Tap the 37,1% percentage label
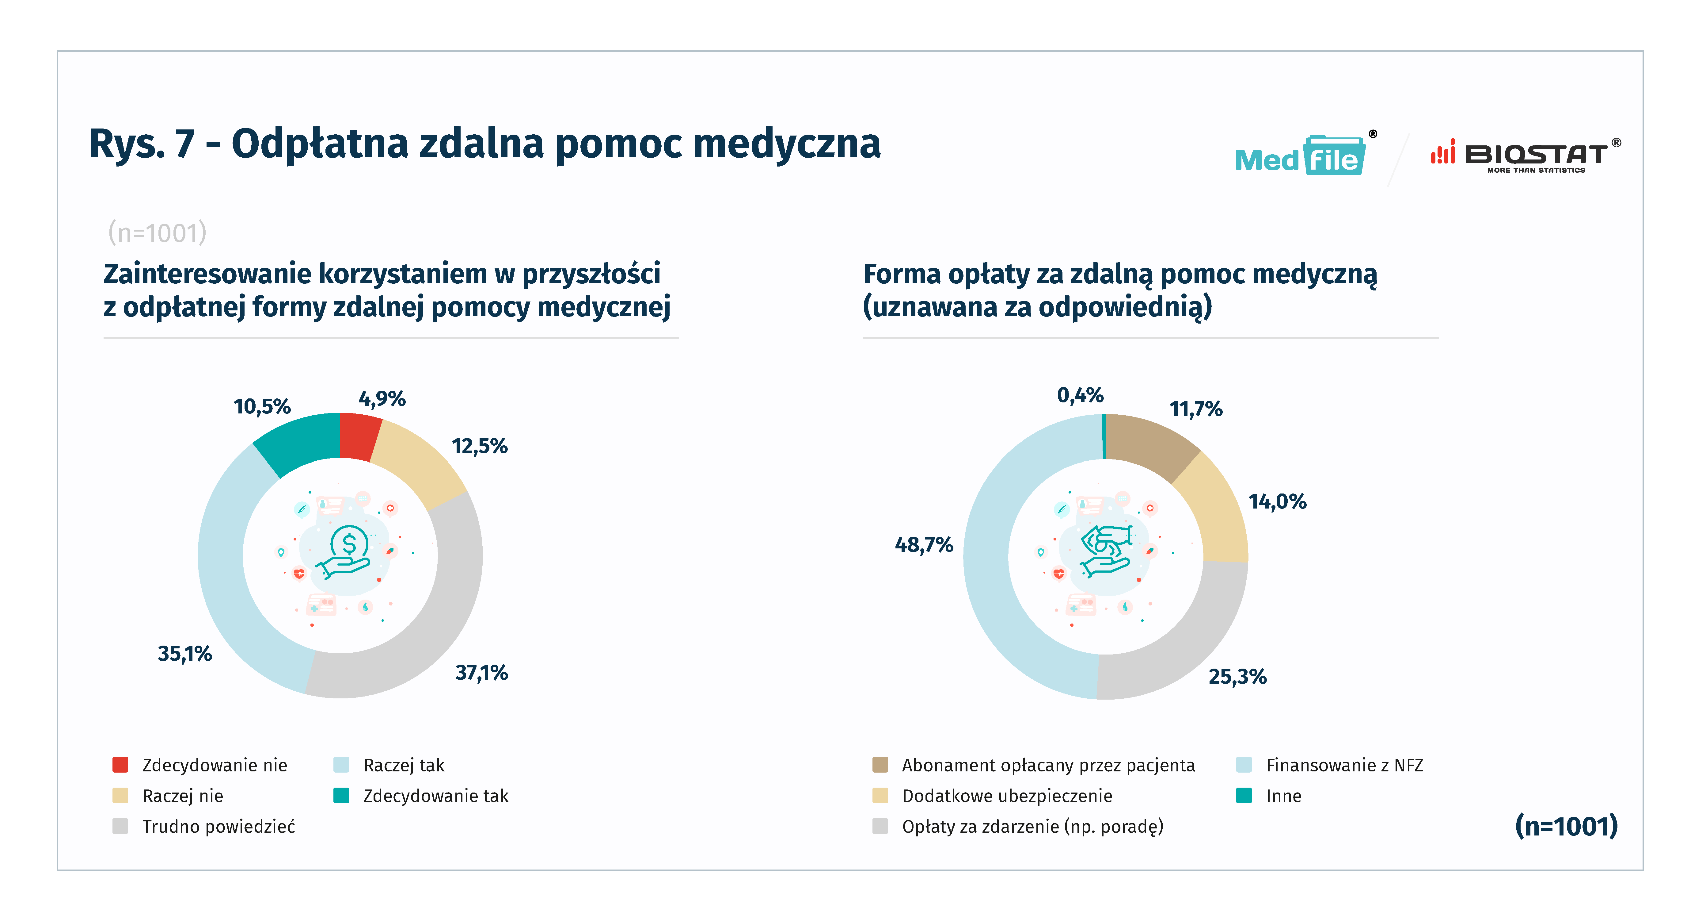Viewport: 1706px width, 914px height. (481, 673)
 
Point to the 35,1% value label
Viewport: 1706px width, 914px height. (185, 654)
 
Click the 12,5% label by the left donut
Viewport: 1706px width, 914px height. (480, 446)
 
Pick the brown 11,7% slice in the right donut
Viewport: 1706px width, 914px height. (1149, 444)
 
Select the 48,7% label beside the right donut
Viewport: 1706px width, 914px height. (924, 545)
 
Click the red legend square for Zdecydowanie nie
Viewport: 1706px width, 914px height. (120, 765)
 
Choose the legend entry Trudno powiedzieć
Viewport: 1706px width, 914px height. (218, 827)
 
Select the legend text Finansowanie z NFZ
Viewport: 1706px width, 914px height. (1344, 766)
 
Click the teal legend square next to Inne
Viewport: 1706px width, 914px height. (1244, 795)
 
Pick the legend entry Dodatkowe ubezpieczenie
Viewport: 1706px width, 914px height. (1007, 796)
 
